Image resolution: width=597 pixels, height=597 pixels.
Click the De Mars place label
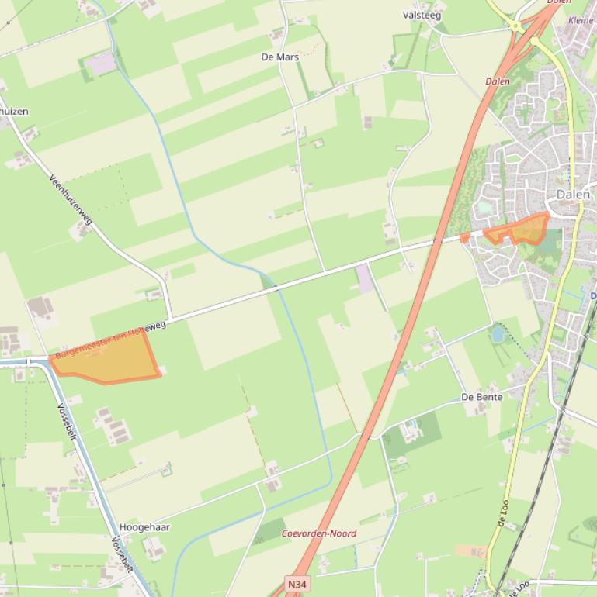pyautogui.click(x=279, y=57)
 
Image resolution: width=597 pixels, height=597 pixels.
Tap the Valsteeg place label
pyautogui.click(x=422, y=15)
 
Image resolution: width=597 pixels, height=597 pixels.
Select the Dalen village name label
pyautogui.click(x=573, y=195)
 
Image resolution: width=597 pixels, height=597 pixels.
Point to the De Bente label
pyautogui.click(x=481, y=397)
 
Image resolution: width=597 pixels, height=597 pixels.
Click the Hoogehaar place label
pyautogui.click(x=144, y=527)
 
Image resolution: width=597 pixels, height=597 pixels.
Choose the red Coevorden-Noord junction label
pyautogui.click(x=318, y=533)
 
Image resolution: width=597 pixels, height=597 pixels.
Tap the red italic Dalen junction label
pyautogui.click(x=498, y=81)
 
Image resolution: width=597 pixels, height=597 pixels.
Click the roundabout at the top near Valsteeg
pyautogui.click(x=516, y=26)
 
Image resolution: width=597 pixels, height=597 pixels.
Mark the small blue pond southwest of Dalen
pyautogui.click(x=498, y=334)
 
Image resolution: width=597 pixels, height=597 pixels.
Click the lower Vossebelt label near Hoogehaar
pyautogui.click(x=123, y=555)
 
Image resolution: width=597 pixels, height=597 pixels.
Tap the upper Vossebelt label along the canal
pyautogui.click(x=68, y=423)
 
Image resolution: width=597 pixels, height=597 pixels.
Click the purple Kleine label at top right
pyautogui.click(x=581, y=20)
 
